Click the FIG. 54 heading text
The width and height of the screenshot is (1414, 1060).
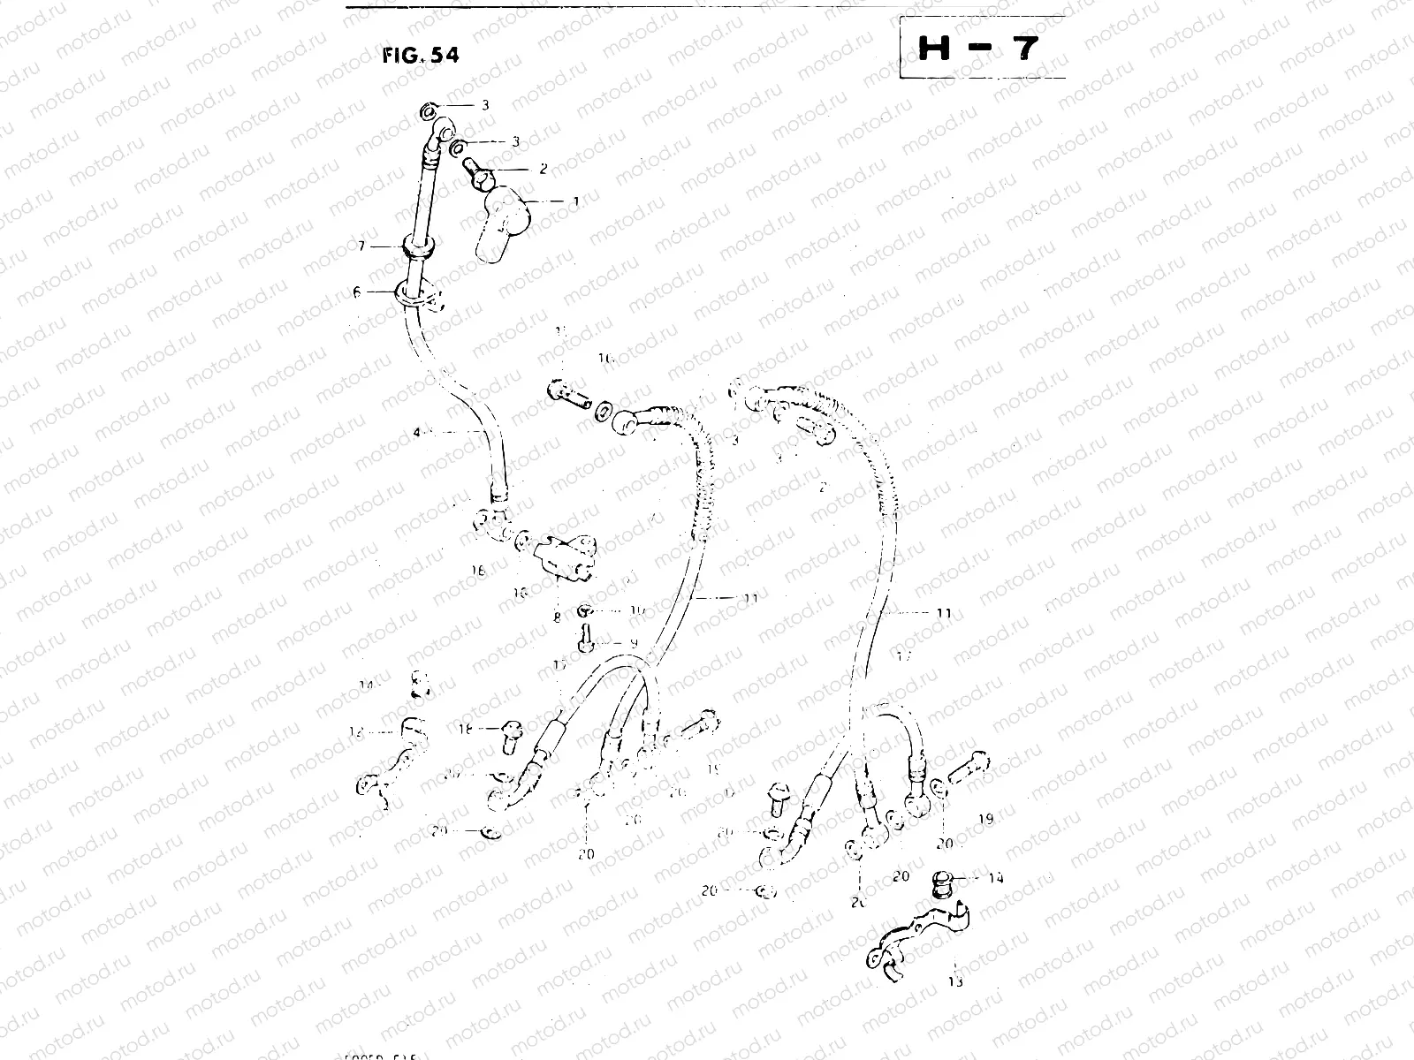click(x=421, y=55)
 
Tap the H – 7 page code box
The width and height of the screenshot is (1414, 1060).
click(x=981, y=49)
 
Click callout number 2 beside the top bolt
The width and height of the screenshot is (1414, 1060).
click(x=543, y=168)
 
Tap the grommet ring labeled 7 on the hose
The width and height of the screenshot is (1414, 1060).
click(x=421, y=247)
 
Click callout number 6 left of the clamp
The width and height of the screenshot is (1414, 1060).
click(x=358, y=292)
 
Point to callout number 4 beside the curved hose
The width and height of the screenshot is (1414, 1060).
click(x=416, y=432)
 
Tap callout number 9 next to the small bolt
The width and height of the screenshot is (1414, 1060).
click(x=634, y=643)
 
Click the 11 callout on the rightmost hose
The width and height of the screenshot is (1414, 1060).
click(x=943, y=612)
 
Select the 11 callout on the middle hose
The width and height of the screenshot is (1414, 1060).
click(x=750, y=598)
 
